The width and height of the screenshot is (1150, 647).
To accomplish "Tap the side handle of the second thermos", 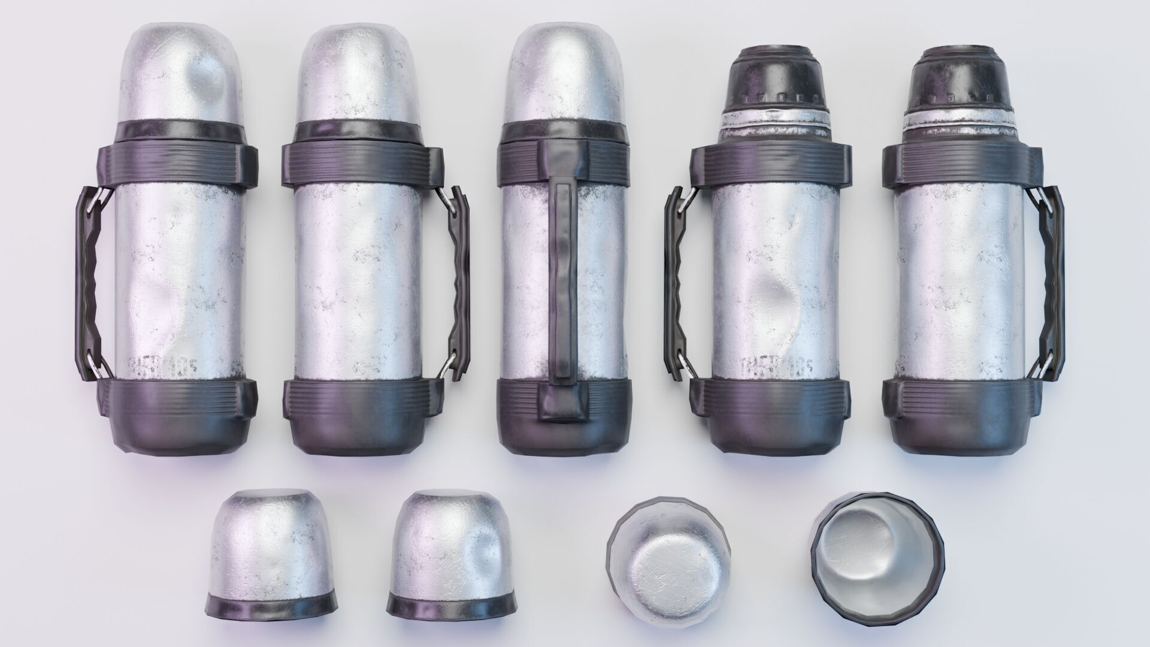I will pos(460,282).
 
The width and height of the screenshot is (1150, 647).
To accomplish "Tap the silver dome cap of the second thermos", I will pos(358,72).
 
